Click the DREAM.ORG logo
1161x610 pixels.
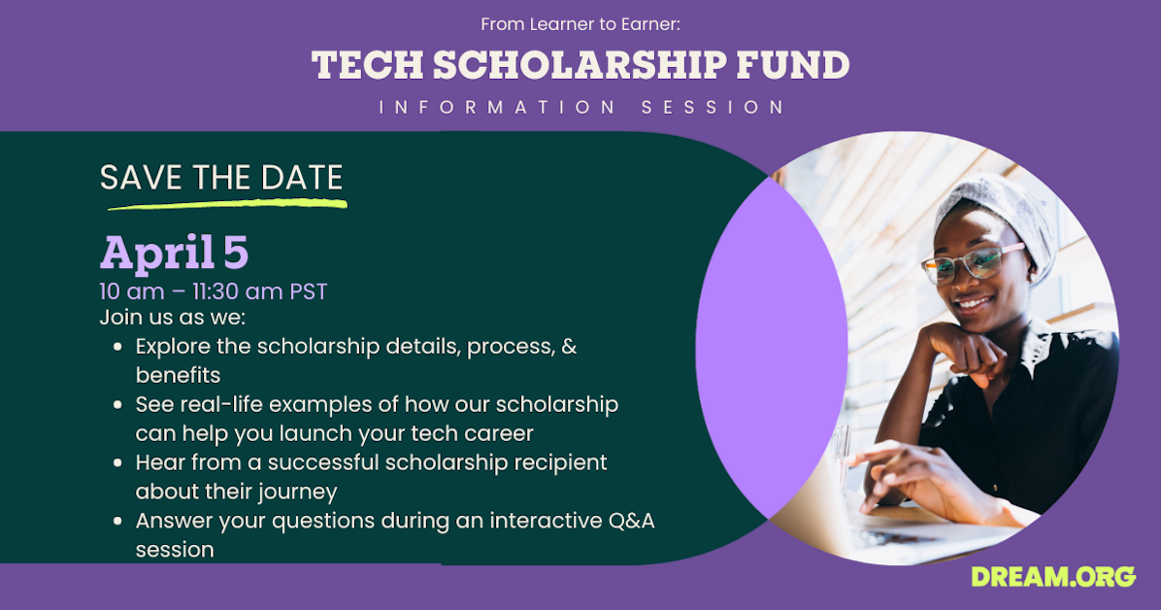(1053, 577)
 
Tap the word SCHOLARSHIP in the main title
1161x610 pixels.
(580, 65)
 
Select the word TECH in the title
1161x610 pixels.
(367, 65)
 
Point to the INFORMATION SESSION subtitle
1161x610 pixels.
(581, 108)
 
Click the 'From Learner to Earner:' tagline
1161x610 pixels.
(580, 24)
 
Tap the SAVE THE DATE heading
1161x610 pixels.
(221, 178)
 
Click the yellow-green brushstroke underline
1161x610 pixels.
(227, 204)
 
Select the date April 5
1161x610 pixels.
(175, 254)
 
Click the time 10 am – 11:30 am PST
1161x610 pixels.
(214, 291)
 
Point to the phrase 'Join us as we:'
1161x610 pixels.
(173, 318)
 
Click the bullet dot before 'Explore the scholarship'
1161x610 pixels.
(117, 347)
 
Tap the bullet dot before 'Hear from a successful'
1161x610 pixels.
(117, 463)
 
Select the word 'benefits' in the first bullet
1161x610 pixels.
(178, 375)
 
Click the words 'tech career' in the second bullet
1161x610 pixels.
(472, 433)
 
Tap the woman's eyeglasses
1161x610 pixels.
(973, 261)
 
